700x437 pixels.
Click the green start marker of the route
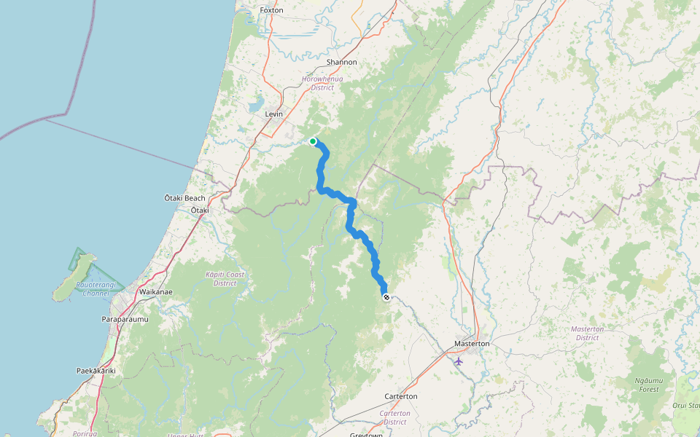313,141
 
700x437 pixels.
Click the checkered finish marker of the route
386,296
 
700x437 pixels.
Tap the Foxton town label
271,10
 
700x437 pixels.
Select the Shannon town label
342,62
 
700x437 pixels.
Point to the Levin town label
273,114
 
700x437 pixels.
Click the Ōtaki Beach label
185,198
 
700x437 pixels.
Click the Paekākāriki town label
96,371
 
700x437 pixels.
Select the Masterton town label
472,343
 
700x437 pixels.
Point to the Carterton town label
401,396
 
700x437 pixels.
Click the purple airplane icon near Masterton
458,361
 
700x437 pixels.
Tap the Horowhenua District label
322,82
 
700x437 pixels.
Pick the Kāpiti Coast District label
225,278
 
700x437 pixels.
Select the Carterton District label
395,417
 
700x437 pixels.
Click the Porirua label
85,433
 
